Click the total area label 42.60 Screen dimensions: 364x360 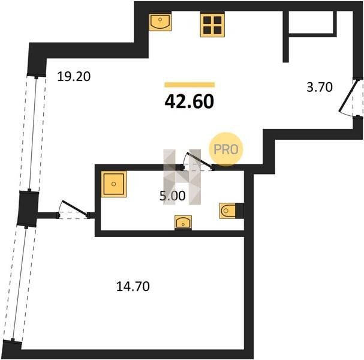(189, 102)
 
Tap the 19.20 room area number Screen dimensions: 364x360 (74, 76)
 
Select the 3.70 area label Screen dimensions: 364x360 (320, 87)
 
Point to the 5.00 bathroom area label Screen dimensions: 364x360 (173, 196)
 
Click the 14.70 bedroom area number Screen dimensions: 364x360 (133, 286)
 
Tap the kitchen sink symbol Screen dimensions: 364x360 (160, 22)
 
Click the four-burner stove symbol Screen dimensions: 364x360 (212, 25)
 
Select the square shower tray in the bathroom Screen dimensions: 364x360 (114, 184)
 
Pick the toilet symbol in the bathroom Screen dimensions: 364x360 (231, 211)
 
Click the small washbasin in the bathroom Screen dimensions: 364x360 (183, 223)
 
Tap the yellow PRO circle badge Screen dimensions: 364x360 (226, 149)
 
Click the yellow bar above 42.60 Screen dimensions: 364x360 (189, 85)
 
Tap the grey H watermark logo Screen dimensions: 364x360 (182, 177)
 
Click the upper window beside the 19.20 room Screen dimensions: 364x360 (32, 133)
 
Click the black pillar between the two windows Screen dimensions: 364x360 (28, 208)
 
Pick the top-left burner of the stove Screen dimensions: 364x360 (207, 20)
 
